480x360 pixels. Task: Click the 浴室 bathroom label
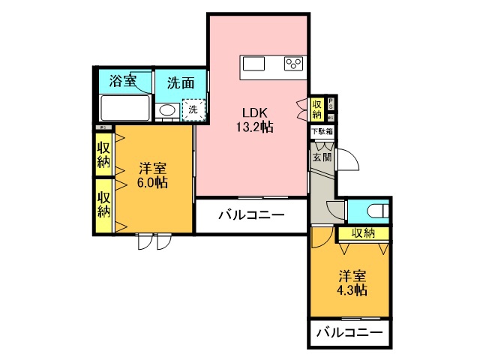click(123, 81)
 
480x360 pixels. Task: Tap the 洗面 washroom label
click(179, 81)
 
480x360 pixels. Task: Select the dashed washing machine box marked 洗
click(193, 109)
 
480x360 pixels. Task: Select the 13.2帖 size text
click(255, 127)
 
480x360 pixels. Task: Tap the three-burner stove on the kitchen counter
click(293, 64)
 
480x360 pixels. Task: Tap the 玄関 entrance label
click(321, 157)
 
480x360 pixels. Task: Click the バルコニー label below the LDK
click(251, 216)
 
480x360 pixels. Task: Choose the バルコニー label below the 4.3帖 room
click(349, 332)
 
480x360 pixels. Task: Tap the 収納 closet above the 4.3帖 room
click(363, 233)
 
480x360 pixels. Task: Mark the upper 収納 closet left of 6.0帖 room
click(103, 154)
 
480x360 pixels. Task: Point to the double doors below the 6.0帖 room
click(154, 241)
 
